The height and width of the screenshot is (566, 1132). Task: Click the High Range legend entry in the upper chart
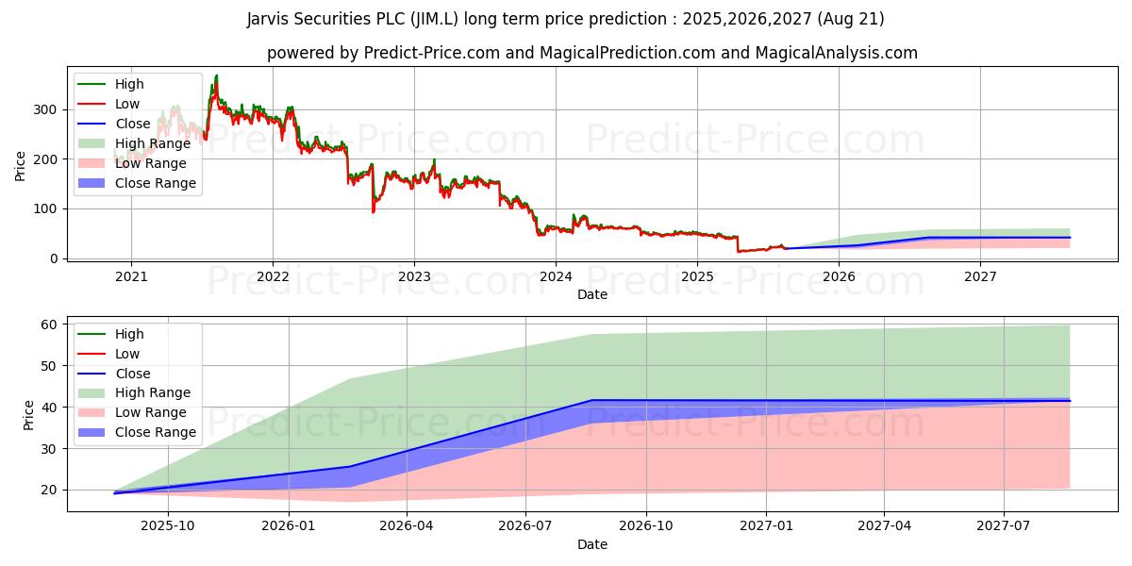click(152, 143)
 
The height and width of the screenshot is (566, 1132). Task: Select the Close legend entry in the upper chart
click(132, 124)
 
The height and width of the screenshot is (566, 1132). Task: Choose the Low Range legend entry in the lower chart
click(151, 412)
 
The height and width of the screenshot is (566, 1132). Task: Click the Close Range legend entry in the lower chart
click(155, 432)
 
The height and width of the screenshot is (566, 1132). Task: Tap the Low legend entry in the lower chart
click(126, 354)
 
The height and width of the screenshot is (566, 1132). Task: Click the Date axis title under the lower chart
click(592, 544)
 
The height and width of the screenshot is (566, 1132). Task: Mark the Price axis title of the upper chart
click(21, 166)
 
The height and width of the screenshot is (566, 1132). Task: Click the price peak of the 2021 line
click(216, 75)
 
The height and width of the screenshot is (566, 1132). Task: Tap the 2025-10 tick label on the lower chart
click(168, 526)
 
